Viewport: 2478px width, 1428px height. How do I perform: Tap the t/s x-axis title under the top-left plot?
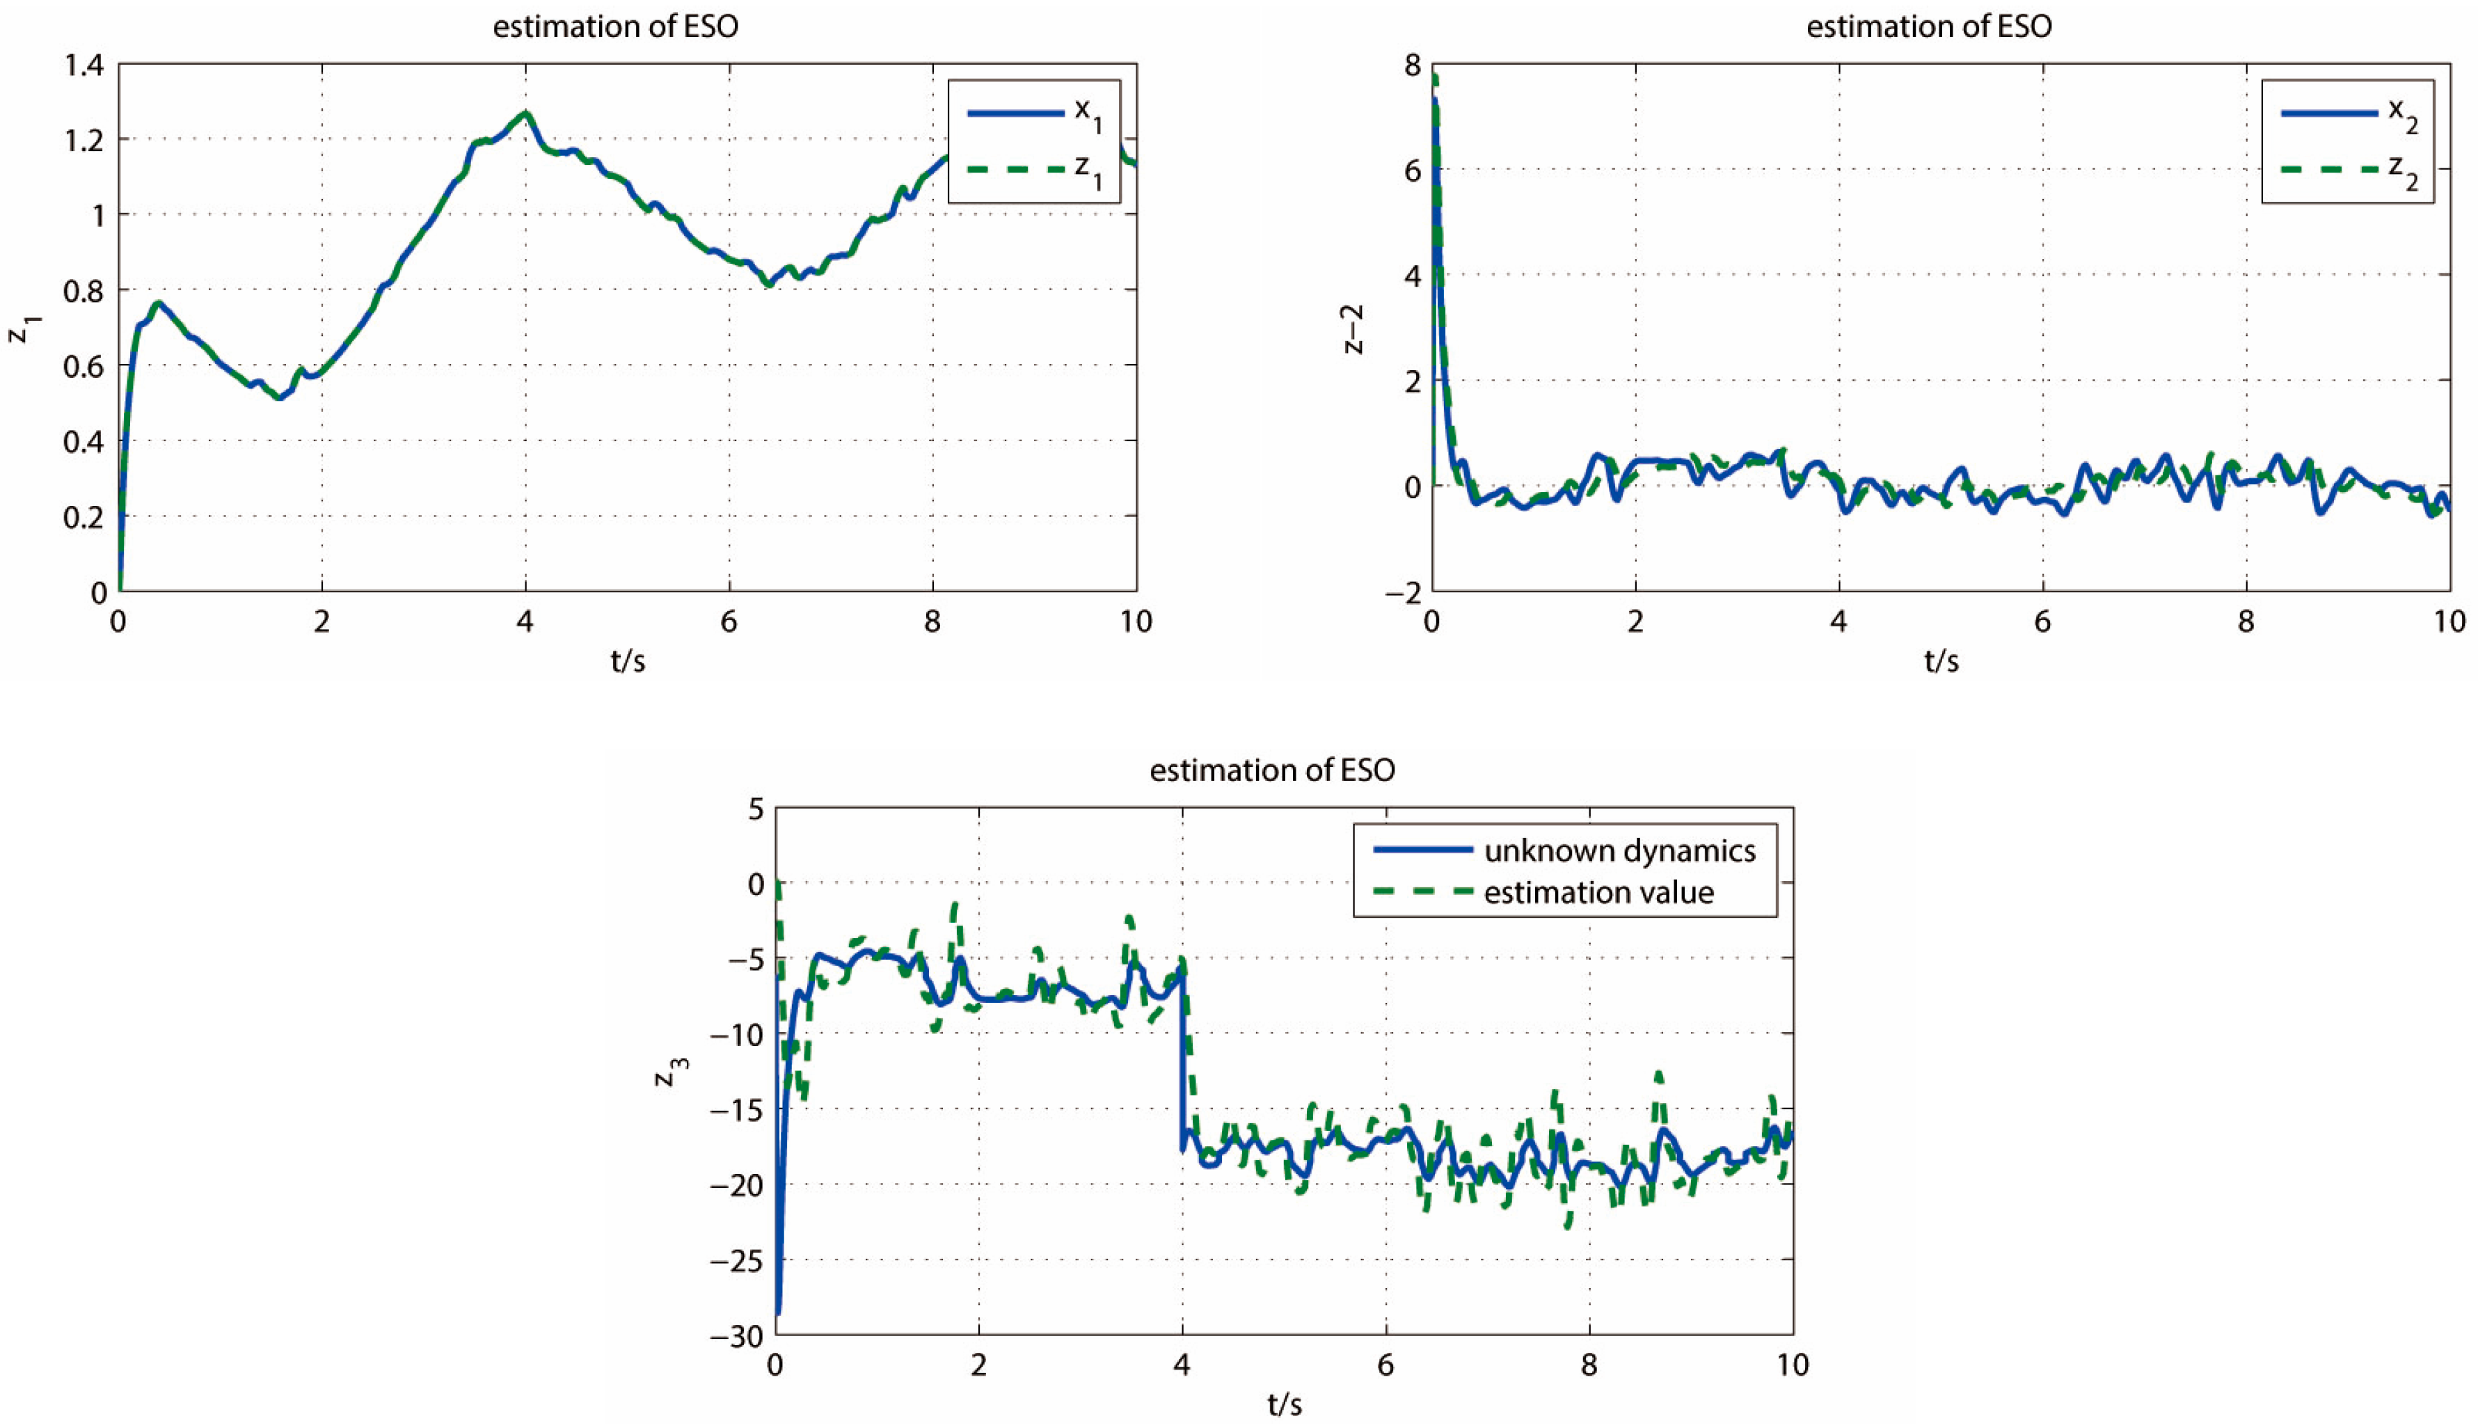[x=628, y=661]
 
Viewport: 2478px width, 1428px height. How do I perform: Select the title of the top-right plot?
[x=1929, y=26]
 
